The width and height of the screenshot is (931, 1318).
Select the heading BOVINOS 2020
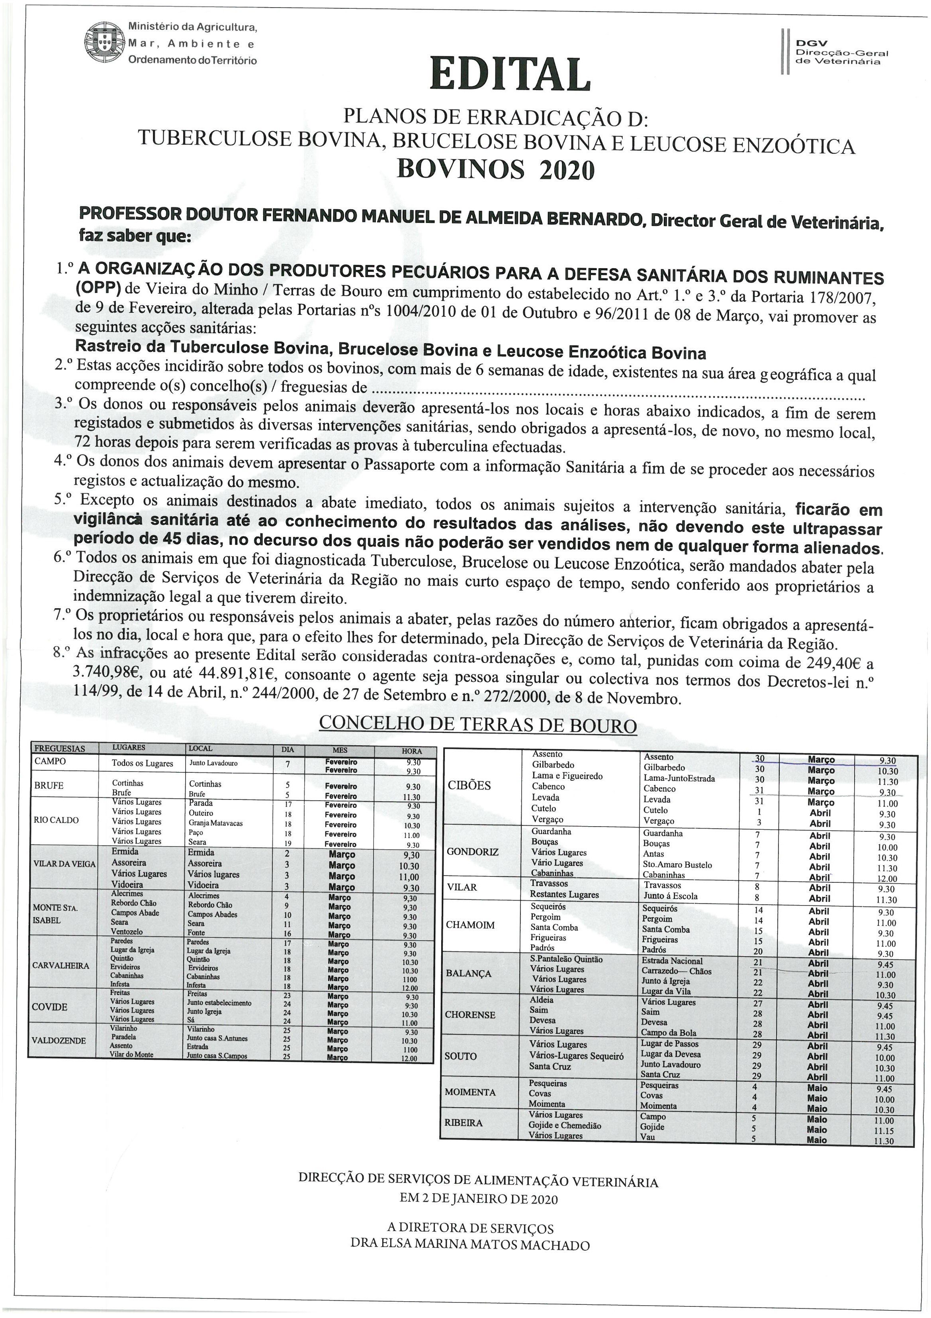click(x=496, y=169)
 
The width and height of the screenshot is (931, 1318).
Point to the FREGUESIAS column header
click(x=60, y=748)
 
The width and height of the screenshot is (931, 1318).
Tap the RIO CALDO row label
click(x=56, y=820)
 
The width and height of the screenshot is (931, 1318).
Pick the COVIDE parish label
click(x=49, y=1007)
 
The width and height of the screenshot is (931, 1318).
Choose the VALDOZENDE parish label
click(x=59, y=1041)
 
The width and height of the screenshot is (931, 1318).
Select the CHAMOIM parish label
click(x=470, y=925)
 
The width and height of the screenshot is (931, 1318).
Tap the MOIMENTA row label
click(x=470, y=1092)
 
